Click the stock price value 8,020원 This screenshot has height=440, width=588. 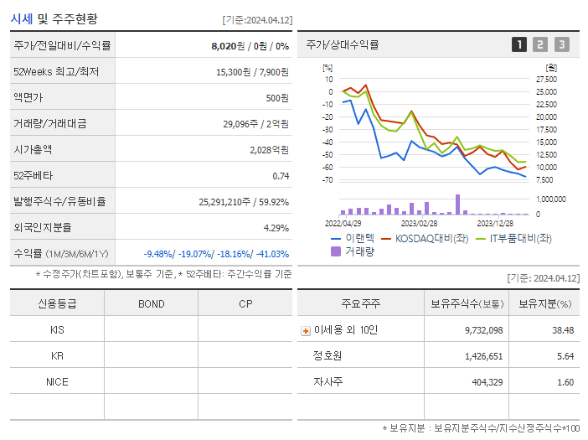[229, 46]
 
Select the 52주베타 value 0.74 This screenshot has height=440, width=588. [281, 176]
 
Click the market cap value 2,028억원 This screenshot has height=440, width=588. [269, 150]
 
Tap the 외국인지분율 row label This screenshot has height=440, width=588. [43, 228]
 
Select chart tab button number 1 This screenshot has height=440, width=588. [519, 44]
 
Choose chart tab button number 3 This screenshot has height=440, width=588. [561, 44]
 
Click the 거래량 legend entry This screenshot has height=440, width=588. [356, 251]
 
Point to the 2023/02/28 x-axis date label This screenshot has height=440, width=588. [419, 224]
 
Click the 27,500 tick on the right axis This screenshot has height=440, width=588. [546, 79]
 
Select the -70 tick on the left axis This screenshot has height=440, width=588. [327, 180]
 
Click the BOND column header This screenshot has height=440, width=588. [151, 303]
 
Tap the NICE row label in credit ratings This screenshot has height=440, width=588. [57, 381]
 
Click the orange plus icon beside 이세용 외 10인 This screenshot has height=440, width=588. [306, 330]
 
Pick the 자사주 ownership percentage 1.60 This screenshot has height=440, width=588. [565, 382]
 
